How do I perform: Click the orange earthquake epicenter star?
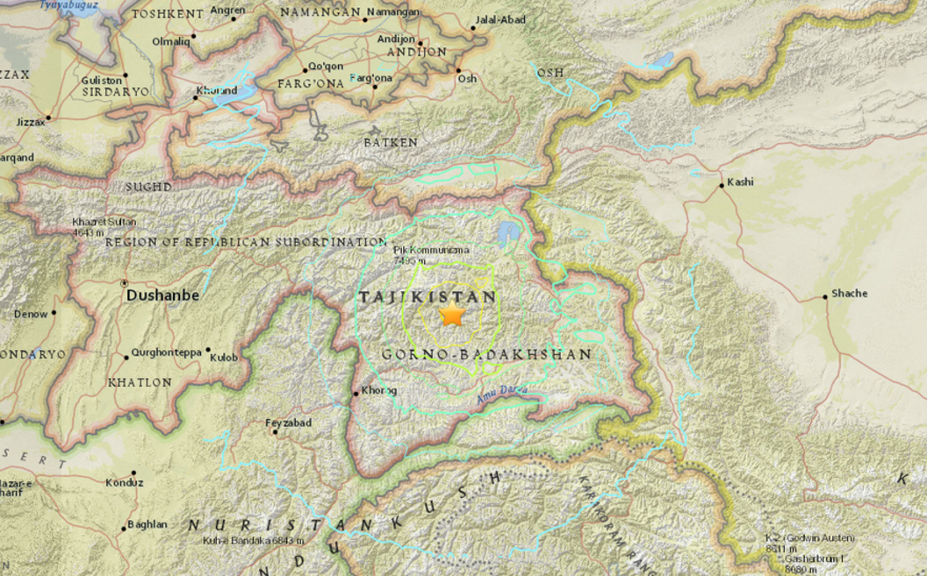452,316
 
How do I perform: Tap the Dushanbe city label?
162,296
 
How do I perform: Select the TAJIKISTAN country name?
428,297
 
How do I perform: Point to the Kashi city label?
740,182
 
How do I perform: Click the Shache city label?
848,293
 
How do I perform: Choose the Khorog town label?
379,390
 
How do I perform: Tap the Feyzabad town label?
288,423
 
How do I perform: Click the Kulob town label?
224,357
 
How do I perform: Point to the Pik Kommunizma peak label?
429,250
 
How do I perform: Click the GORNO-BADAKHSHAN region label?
487,354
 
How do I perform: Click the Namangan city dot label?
392,11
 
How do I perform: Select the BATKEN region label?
391,141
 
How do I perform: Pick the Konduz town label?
124,482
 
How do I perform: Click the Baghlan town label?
147,524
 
